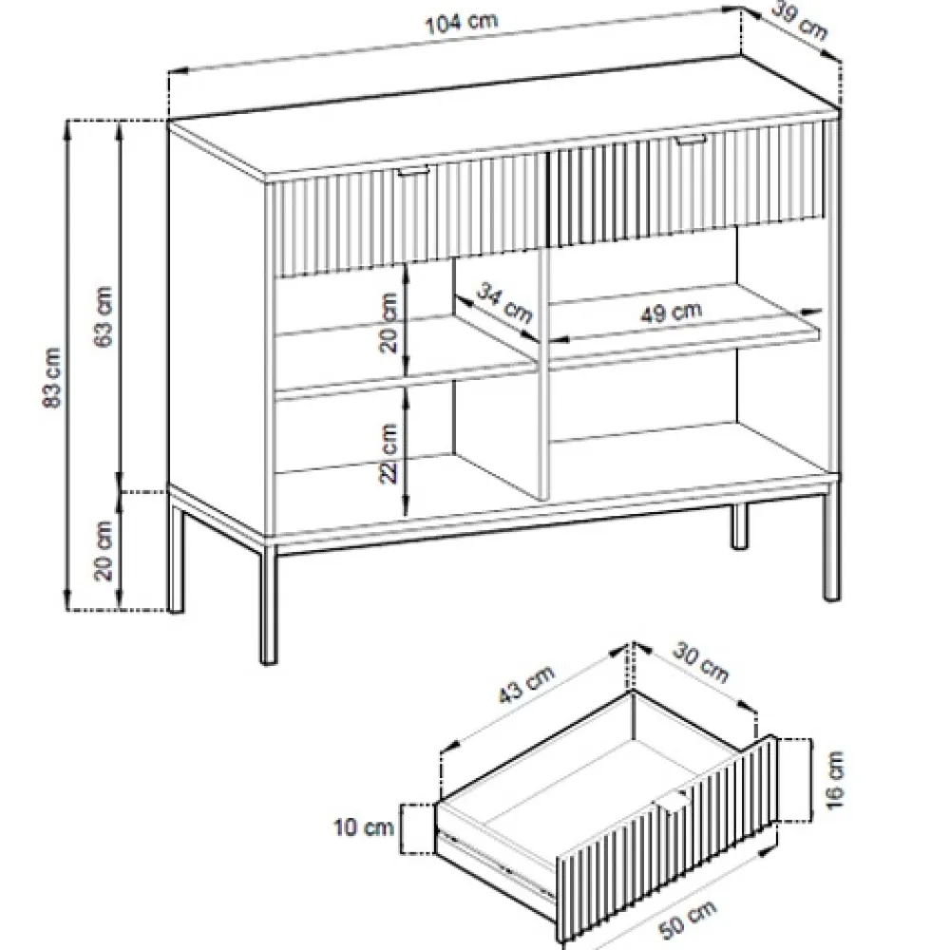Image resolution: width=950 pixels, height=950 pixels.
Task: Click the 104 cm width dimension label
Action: [x=461, y=23]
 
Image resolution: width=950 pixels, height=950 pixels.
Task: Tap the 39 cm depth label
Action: [x=800, y=22]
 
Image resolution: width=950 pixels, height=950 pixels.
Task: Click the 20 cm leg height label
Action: [x=104, y=550]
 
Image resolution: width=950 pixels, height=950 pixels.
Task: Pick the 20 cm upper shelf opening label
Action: [x=389, y=323]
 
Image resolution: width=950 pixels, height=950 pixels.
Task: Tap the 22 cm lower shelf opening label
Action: [x=389, y=453]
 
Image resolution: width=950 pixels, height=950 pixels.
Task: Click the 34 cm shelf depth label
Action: [x=504, y=303]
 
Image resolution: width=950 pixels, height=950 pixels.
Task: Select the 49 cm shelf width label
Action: [x=672, y=313]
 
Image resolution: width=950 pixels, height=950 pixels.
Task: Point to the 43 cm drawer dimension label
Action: [x=526, y=685]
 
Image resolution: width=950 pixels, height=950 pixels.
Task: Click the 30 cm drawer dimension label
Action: [x=700, y=662]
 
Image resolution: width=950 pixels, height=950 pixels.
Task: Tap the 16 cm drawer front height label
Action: [x=834, y=780]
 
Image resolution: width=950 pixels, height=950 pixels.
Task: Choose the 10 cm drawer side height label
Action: [x=364, y=827]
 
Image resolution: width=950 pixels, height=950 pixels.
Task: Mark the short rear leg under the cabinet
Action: [x=738, y=526]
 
